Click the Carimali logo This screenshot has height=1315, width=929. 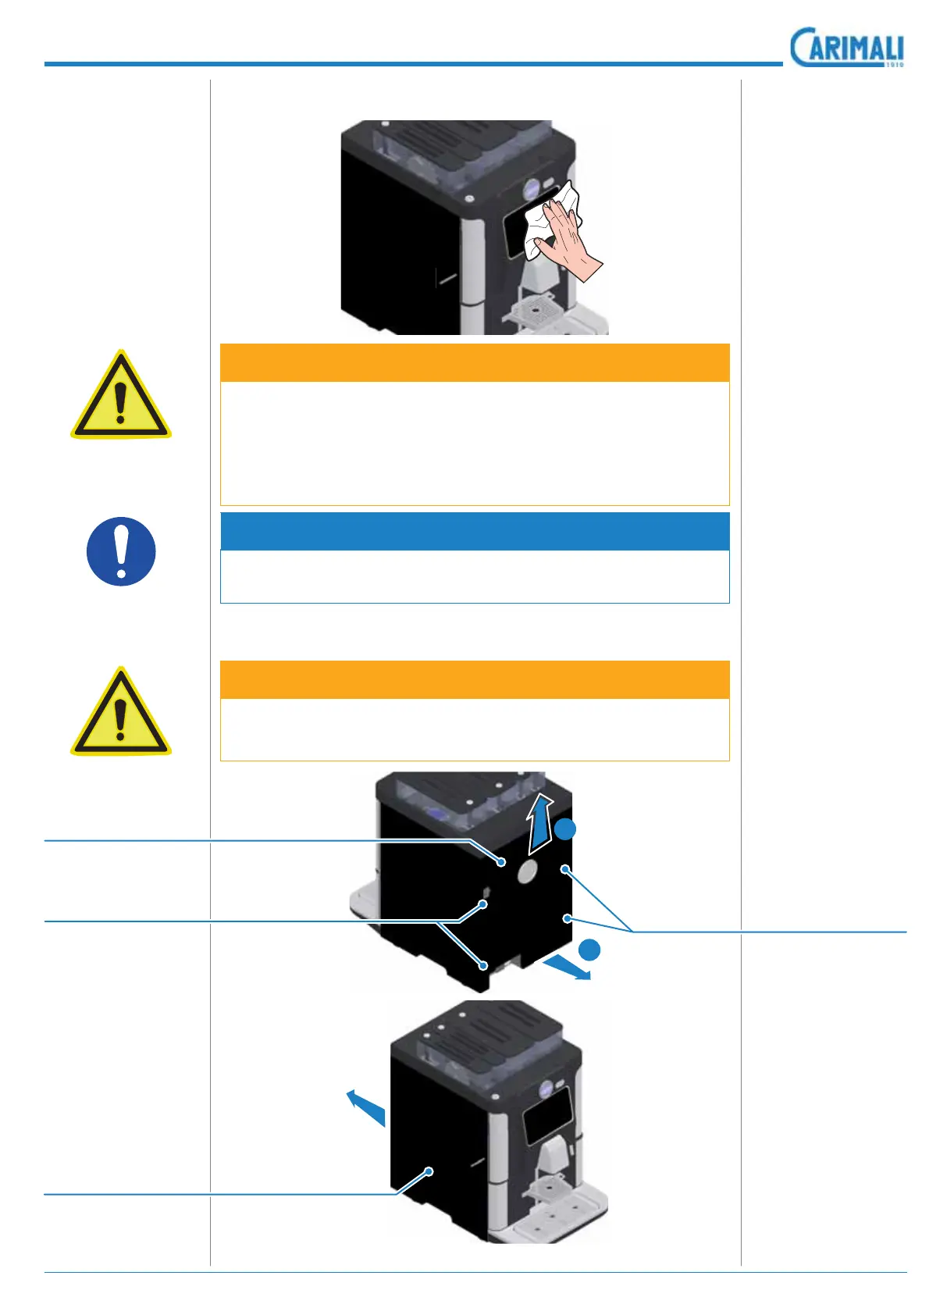[x=847, y=48]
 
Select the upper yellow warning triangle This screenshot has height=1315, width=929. [x=120, y=397]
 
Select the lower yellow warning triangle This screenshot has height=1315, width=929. [x=120, y=714]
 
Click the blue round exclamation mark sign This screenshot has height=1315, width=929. [x=121, y=551]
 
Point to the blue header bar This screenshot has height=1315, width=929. [x=475, y=531]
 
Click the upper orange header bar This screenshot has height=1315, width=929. [x=475, y=362]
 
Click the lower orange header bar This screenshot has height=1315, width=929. [x=475, y=679]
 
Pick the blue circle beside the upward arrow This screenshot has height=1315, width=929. [x=565, y=829]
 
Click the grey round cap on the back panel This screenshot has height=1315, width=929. [x=528, y=871]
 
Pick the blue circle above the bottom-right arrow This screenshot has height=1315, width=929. [x=590, y=950]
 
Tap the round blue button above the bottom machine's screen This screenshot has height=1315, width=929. [x=546, y=1086]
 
